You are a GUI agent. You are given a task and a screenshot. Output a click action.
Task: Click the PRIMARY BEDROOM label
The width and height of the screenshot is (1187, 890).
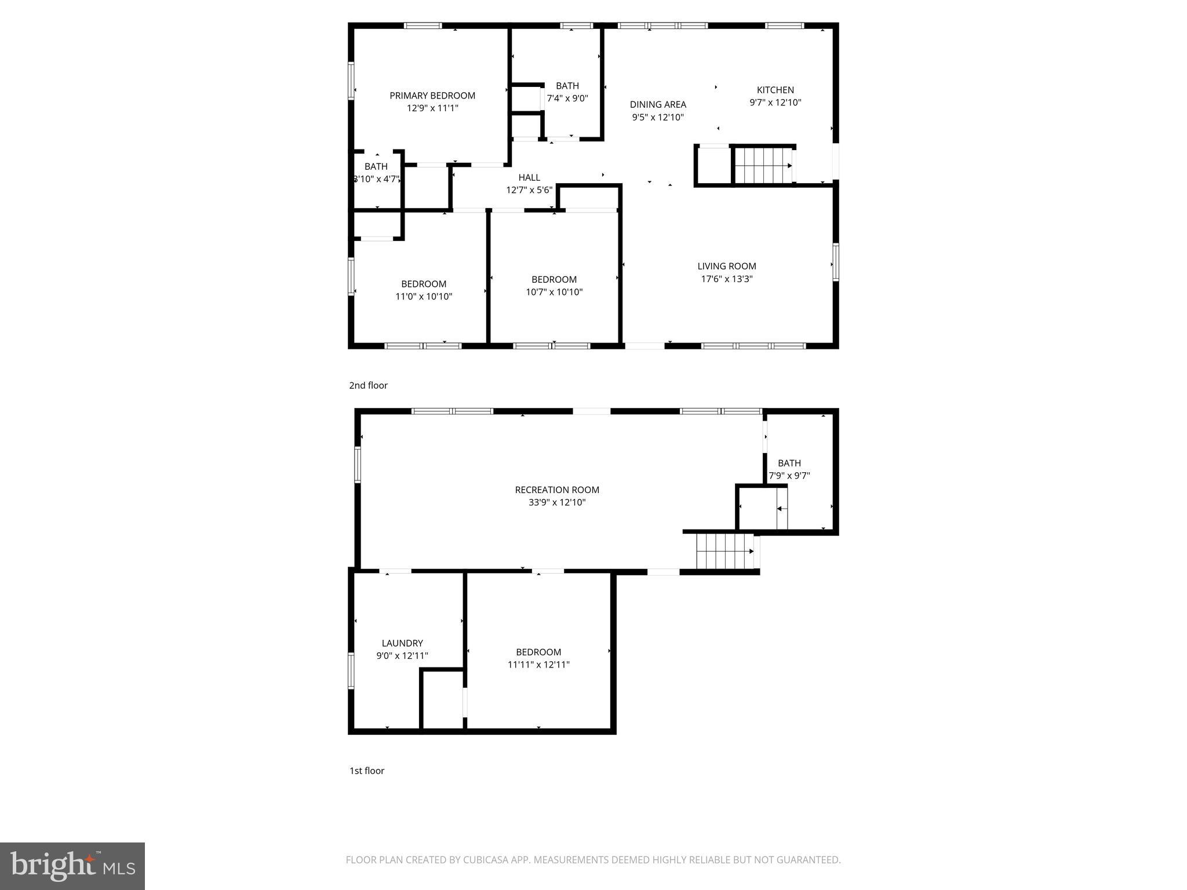click(432, 96)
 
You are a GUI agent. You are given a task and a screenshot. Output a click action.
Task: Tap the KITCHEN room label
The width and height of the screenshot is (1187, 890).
click(775, 90)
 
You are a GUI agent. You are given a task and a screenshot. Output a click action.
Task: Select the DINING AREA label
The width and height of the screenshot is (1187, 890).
click(658, 104)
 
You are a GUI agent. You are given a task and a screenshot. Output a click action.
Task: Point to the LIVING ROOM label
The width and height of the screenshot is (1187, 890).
click(726, 266)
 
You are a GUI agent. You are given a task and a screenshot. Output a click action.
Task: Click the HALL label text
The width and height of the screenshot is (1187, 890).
click(529, 177)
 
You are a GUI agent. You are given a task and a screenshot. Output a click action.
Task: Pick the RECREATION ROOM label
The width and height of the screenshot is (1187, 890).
click(557, 490)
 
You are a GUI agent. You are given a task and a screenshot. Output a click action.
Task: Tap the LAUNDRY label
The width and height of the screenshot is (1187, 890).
click(402, 643)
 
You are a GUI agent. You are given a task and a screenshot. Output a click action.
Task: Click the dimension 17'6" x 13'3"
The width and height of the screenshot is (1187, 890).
click(726, 279)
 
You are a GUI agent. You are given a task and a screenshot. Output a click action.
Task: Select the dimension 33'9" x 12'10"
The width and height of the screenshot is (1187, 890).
click(557, 502)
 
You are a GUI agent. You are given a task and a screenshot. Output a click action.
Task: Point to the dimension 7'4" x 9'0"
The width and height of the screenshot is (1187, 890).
click(567, 99)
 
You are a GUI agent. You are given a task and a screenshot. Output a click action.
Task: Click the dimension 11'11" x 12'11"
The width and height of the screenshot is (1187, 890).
click(538, 665)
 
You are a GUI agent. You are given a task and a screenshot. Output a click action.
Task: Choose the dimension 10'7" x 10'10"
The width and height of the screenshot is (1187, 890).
click(554, 292)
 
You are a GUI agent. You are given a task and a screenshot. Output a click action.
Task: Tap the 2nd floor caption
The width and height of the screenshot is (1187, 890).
click(368, 385)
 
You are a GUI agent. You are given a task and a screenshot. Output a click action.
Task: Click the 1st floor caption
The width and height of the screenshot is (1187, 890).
click(366, 771)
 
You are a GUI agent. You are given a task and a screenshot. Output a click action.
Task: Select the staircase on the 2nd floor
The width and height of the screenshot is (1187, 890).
click(763, 166)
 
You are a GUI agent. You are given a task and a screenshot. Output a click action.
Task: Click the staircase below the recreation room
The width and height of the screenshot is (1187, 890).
click(724, 551)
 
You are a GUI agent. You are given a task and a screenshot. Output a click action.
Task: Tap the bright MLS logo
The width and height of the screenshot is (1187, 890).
click(72, 866)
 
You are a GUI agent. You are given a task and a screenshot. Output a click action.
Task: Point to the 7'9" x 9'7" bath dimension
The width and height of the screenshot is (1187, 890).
click(789, 476)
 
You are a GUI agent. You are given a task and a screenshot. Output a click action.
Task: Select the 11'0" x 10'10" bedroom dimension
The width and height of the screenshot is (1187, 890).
click(424, 297)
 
